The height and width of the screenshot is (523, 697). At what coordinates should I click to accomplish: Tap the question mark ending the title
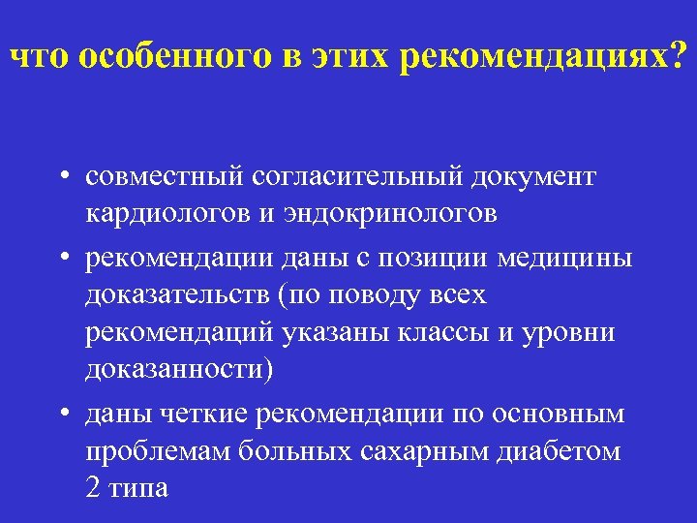[x=676, y=57]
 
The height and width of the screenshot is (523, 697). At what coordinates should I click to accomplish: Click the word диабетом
[x=570, y=450]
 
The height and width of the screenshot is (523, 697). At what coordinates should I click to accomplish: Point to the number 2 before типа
[x=92, y=487]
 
